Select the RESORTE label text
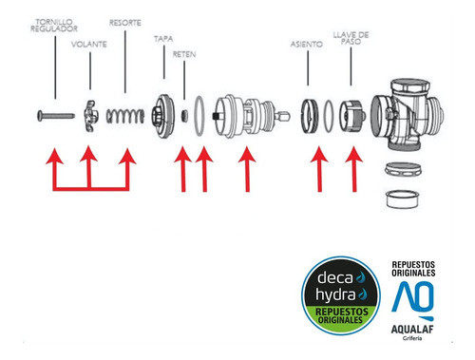[125, 21]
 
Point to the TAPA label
[162, 40]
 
